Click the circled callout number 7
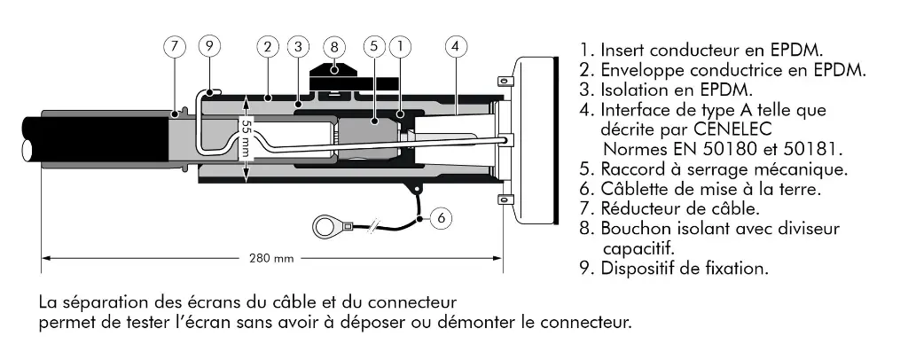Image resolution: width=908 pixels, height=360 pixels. coord(175,45)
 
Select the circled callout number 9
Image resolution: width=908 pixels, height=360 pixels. coord(209,45)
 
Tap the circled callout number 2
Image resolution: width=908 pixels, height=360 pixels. coord(266,45)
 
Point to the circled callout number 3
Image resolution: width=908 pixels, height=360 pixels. coord(299,45)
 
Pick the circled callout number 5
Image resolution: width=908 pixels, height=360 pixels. coord(374,45)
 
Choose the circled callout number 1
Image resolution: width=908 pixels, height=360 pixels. coord(401,45)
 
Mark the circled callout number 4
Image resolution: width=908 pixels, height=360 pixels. coord(456,45)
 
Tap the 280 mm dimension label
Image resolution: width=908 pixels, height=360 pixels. coord(271,259)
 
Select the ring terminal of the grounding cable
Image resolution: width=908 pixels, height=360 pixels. coord(327,228)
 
